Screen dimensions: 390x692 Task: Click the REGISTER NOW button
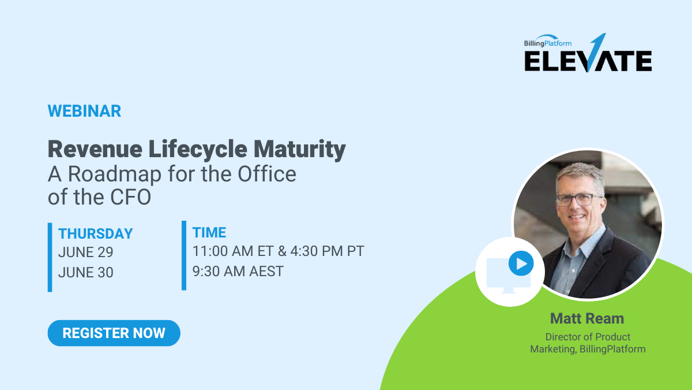[x=114, y=333]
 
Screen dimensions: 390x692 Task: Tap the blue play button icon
[x=521, y=264]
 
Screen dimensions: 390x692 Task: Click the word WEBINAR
[x=84, y=111]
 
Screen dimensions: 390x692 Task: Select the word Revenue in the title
[x=95, y=149]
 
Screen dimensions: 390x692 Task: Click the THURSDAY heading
[x=96, y=233]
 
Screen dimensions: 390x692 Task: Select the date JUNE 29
[x=86, y=252]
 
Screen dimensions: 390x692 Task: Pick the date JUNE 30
[x=86, y=272]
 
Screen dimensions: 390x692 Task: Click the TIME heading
[x=209, y=232]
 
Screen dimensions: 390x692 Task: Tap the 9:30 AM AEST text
[x=238, y=271]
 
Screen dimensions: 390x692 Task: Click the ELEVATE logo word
[x=588, y=61]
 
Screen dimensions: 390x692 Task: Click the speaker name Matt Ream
[x=587, y=318]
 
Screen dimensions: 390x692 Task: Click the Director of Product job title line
[x=588, y=337]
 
